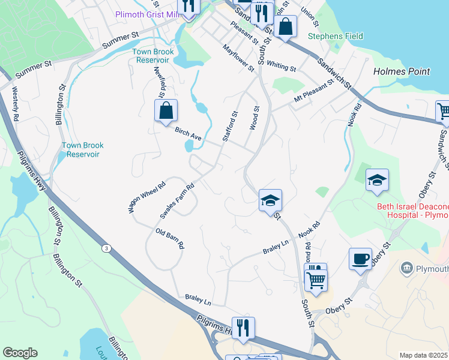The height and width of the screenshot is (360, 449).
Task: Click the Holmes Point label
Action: coord(402,71)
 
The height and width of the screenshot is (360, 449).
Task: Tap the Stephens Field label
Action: coord(336,36)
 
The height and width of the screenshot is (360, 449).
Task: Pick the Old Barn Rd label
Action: coord(170,238)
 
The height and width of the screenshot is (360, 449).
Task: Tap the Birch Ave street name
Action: coord(188,133)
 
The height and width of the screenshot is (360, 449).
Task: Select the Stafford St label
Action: coord(230,126)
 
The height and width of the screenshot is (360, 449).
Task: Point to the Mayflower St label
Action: coord(238,58)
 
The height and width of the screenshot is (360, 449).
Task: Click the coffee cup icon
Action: coord(360,259)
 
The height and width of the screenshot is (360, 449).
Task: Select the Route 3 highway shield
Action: coord(106,248)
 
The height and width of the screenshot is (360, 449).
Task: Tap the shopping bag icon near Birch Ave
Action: coord(166,110)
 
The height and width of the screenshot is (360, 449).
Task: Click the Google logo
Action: coord(20,353)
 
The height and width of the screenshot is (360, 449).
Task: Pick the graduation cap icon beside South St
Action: coord(270,200)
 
